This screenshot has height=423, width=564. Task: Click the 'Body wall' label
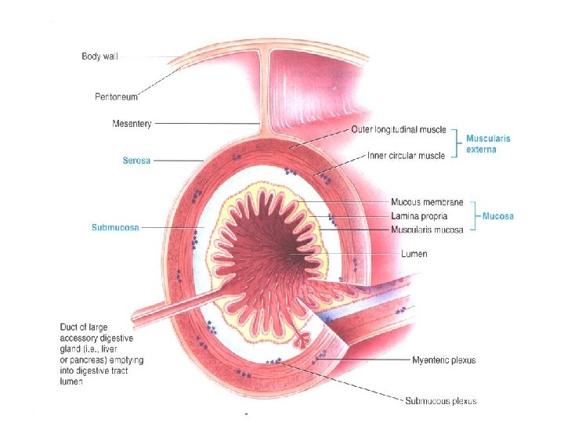coord(100,56)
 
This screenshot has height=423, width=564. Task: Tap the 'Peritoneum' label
coord(114,96)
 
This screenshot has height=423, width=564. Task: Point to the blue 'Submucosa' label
coord(116,228)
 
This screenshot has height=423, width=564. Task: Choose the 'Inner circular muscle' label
coord(406,156)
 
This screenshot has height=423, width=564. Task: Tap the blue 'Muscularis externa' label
coord(488,143)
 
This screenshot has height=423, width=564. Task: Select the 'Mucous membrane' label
coord(427,203)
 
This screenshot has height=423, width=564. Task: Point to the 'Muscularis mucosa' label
coord(427,230)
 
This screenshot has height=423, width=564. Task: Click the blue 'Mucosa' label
coord(498,216)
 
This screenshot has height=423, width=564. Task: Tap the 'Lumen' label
coord(414,254)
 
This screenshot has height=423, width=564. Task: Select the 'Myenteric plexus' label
coord(443,360)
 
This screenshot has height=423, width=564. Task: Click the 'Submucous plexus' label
coord(440,400)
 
